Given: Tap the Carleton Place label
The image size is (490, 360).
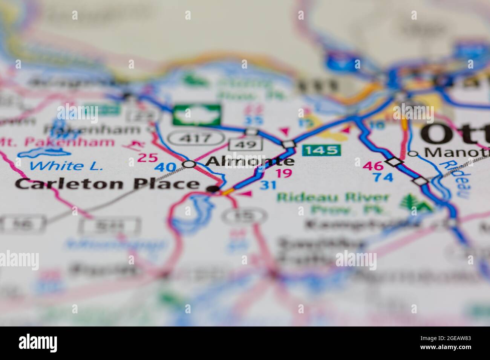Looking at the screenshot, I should [107, 184].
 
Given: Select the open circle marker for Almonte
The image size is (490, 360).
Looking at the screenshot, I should [189, 164].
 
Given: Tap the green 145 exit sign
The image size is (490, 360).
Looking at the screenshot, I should [322, 150].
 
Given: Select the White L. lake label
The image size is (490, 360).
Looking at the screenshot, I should [66, 166].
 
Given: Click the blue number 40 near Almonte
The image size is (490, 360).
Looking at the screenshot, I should [165, 166].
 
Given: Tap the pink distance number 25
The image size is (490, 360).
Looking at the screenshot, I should [147, 157].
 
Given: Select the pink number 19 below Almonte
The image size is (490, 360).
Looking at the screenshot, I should [283, 173].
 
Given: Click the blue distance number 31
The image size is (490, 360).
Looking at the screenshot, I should [268, 185].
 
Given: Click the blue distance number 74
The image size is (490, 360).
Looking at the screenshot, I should [383, 177].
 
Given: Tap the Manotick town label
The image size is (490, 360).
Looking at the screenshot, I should [456, 153].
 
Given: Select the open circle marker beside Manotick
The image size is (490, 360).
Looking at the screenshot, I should [413, 153].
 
